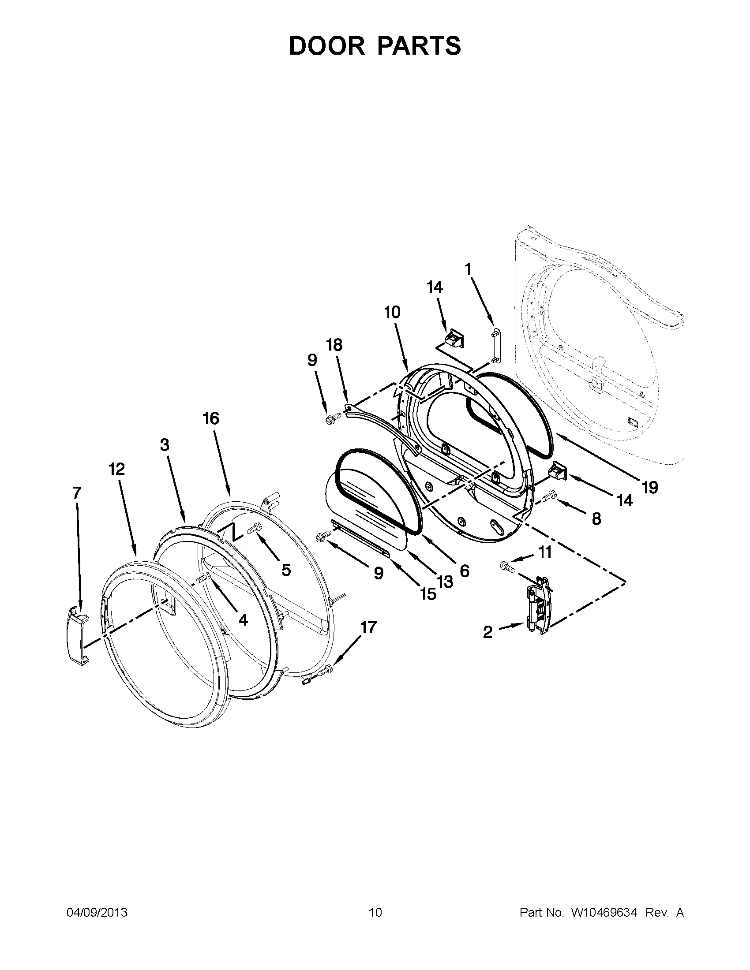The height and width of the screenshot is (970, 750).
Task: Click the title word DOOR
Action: pyautogui.click(x=326, y=46)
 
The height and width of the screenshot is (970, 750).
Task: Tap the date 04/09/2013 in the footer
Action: pyautogui.click(x=97, y=912)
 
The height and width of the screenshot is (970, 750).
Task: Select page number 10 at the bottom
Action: pyautogui.click(x=375, y=912)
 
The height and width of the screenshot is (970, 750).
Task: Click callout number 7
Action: pyautogui.click(x=77, y=492)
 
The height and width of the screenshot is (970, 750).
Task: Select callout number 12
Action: pyautogui.click(x=117, y=469)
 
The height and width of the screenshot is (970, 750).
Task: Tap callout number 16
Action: pyautogui.click(x=211, y=418)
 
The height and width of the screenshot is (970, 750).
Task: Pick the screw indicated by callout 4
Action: pyautogui.click(x=204, y=578)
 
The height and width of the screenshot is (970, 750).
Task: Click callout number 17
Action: pyautogui.click(x=368, y=627)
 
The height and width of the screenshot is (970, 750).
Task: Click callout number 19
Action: pyautogui.click(x=649, y=488)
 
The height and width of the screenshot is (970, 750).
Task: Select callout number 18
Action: pyautogui.click(x=334, y=345)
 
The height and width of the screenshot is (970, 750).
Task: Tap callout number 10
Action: pyautogui.click(x=392, y=312)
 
